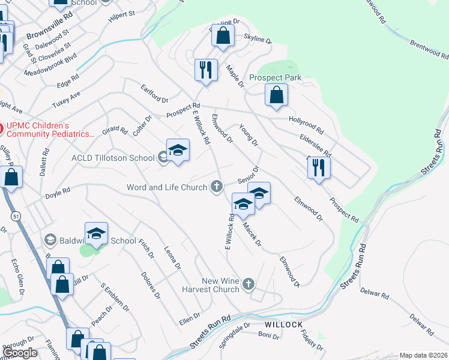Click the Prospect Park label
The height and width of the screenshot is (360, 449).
tap(276, 78)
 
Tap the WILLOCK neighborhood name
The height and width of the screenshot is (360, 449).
tap(284, 325)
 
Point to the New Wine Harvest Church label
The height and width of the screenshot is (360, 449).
tap(212, 285)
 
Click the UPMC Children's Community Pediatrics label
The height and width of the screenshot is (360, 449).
tap(50, 130)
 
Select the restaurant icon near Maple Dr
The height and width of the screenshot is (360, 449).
tap(205, 70)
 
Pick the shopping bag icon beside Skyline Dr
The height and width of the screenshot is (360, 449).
tap(223, 35)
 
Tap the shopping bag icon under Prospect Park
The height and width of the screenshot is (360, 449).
tap(276, 95)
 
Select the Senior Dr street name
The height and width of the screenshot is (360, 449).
tap(247, 175)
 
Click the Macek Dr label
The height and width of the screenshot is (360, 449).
tap(252, 235)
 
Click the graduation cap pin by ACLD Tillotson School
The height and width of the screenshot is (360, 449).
tap(178, 151)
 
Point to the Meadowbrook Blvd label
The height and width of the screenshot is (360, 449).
tap(50, 66)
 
